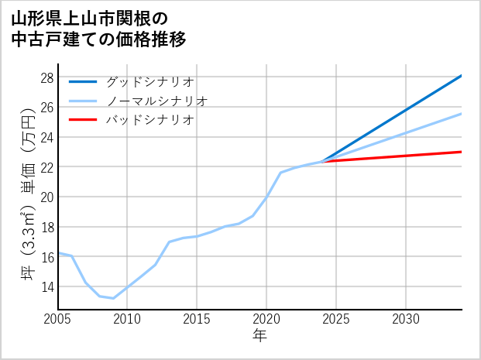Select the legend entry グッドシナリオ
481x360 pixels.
(149, 81)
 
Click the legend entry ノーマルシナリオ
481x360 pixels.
(156, 101)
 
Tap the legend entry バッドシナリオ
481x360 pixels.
(149, 120)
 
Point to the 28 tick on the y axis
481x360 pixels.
(46, 78)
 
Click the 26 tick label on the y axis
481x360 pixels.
(46, 108)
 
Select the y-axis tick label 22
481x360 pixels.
(46, 167)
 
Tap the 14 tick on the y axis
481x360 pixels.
(46, 286)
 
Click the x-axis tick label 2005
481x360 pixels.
(58, 319)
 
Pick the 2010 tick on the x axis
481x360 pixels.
(127, 319)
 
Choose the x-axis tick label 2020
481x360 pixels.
(266, 319)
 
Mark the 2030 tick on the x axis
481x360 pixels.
(406, 319)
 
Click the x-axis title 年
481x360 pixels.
(260, 335)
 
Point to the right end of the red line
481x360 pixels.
(462, 152)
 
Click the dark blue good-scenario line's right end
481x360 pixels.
(462, 76)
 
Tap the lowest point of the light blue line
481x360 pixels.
(113, 298)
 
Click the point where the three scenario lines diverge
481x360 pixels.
(321, 162)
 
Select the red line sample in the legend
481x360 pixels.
(83, 120)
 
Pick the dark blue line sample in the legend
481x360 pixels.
(83, 81)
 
